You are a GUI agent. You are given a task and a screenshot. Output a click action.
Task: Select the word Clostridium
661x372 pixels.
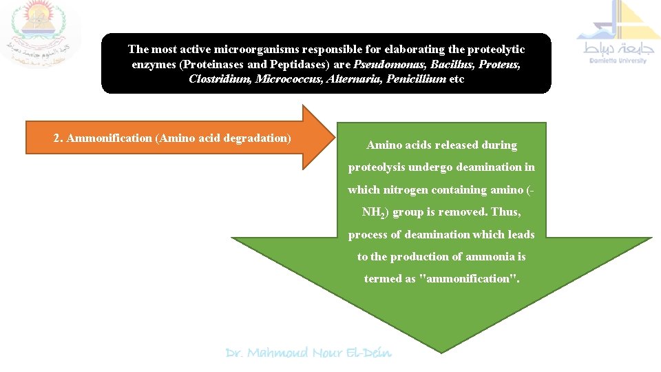point(220,79)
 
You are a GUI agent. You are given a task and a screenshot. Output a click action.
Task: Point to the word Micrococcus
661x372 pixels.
point(282,79)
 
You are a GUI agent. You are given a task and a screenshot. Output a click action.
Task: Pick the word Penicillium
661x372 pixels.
point(416,79)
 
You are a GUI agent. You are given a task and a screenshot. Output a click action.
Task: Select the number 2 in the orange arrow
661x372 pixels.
point(57,138)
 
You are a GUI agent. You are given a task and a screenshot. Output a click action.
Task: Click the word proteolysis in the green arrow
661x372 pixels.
point(378,167)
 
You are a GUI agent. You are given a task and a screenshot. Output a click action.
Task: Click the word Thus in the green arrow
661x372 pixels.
point(505,212)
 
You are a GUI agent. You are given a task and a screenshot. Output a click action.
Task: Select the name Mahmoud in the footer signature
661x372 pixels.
point(277,353)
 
